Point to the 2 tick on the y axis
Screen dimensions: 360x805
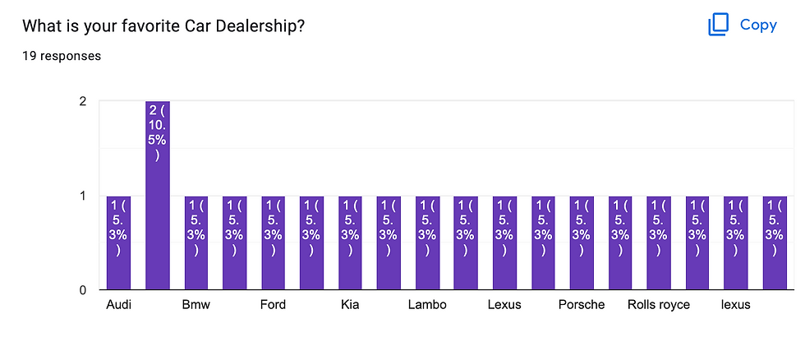pyautogui.click(x=82, y=102)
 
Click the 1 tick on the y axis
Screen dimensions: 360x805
pyautogui.click(x=82, y=196)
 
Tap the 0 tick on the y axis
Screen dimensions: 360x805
pyautogui.click(x=82, y=290)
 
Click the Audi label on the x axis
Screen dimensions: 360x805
pyautogui.click(x=119, y=305)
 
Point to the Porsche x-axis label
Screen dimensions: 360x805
pyautogui.click(x=582, y=305)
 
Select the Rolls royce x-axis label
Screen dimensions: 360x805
pyautogui.click(x=659, y=305)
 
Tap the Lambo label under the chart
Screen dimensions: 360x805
pyautogui.click(x=427, y=305)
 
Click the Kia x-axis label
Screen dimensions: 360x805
pyautogui.click(x=350, y=305)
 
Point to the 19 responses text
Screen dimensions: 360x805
pyautogui.click(x=62, y=56)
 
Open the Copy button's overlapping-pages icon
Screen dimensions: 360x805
pyautogui.click(x=719, y=25)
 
